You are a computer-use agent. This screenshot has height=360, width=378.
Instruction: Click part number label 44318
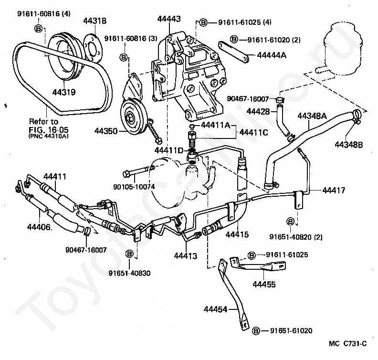coord(95,21)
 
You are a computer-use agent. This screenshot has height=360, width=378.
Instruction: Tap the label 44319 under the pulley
coord(64,92)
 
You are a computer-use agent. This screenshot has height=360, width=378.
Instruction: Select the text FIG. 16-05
coord(49,130)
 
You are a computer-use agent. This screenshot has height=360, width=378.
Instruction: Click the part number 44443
coord(169,19)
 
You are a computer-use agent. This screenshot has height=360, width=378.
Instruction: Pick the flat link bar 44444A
coord(233,53)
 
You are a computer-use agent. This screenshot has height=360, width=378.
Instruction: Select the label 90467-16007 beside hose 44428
coord(248,99)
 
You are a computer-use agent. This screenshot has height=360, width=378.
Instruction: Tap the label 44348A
coord(312,116)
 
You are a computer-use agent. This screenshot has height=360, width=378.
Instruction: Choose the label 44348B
coord(348,145)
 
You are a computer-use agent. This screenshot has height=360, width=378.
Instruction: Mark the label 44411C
coord(253,132)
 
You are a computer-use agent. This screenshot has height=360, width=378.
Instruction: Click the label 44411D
coord(169,150)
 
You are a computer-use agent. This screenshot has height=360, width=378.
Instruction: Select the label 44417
coord(334,190)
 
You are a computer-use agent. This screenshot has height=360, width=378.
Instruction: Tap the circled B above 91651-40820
coord(291,222)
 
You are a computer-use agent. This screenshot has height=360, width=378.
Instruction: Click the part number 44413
coord(185,256)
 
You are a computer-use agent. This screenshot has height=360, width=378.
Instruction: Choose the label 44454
coord(216,309)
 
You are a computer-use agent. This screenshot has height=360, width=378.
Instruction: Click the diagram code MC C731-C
coord(347,343)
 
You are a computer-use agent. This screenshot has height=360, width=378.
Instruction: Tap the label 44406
coord(39,227)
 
